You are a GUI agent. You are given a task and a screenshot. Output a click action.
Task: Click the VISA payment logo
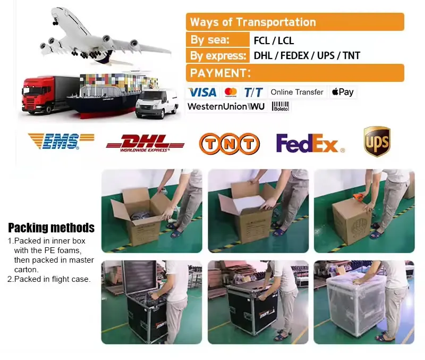(202, 92)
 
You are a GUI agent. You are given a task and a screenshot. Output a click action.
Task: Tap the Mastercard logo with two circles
(230, 92)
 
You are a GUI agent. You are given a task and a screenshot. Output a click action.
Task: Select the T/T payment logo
(253, 92)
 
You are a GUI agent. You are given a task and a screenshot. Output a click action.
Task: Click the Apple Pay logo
(343, 92)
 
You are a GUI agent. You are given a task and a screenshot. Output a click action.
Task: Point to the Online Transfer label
(296, 92)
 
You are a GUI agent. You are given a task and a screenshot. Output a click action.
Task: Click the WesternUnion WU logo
(226, 106)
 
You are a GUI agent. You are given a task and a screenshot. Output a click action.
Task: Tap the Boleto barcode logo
(280, 106)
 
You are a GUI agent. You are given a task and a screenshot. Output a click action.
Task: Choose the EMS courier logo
(60, 141)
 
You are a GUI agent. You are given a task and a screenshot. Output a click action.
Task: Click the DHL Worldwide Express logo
(145, 143)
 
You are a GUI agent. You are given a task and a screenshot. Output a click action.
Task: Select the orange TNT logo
(229, 143)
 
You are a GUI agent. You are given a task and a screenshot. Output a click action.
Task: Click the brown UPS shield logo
(377, 141)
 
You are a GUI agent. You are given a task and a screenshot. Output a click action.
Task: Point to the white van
(156, 102)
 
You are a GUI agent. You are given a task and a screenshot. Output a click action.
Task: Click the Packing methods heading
(51, 228)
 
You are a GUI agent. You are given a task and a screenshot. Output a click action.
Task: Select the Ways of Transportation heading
(253, 22)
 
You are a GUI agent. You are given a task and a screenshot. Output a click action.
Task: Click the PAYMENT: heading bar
(295, 73)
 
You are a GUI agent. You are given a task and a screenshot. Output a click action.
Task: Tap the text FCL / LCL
(274, 40)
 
